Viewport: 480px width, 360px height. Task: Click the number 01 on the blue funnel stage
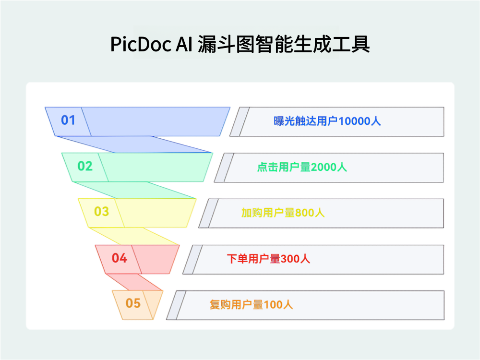tap(68, 120)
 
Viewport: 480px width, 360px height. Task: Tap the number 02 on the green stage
tap(85, 166)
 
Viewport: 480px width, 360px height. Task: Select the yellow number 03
tap(101, 212)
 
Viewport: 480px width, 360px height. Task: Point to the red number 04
tap(119, 258)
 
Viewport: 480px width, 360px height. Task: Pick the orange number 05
tap(133, 303)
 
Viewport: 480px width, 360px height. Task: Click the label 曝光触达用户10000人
tap(327, 121)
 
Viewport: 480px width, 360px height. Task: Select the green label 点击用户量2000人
tap(302, 167)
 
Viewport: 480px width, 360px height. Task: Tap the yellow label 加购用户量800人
tap(283, 213)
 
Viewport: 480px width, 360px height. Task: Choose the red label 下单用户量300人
tap(268, 259)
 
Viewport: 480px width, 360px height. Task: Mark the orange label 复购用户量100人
tap(251, 304)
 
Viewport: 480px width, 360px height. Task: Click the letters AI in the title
tap(184, 45)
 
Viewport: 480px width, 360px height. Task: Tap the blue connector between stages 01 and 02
tap(134, 144)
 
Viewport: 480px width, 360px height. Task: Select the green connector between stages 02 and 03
tap(134, 190)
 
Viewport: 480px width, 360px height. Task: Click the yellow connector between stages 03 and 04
tap(134, 236)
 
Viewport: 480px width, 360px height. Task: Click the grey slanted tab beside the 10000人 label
tap(240, 122)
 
